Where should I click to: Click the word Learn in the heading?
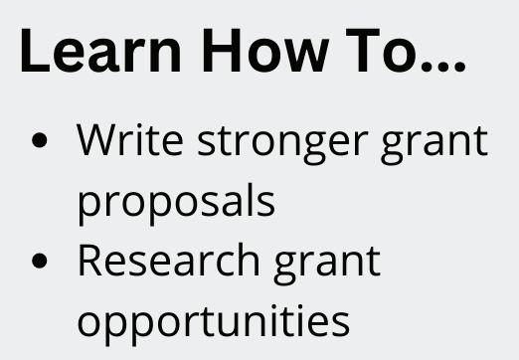pyautogui.click(x=100, y=50)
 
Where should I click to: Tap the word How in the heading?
pyautogui.click(x=265, y=50)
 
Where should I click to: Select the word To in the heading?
pyautogui.click(x=380, y=50)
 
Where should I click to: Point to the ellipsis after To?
pyautogui.click(x=442, y=66)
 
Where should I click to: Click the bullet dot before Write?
pyautogui.click(x=40, y=140)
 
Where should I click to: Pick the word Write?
pyautogui.click(x=130, y=139)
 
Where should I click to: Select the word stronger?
pyautogui.click(x=283, y=143)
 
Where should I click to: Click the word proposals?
pyautogui.click(x=176, y=201)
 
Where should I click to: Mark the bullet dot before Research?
pyautogui.click(x=40, y=261)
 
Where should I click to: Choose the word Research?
pyautogui.click(x=169, y=260)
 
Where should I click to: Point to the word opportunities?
pyautogui.click(x=214, y=324)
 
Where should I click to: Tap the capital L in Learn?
pyautogui.click(x=35, y=50)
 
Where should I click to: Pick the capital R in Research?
pyautogui.click(x=90, y=260)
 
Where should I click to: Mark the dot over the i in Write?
pyautogui.click(x=138, y=126)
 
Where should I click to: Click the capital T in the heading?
pyautogui.click(x=362, y=50)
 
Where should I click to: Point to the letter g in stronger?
pyautogui.click(x=314, y=148)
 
